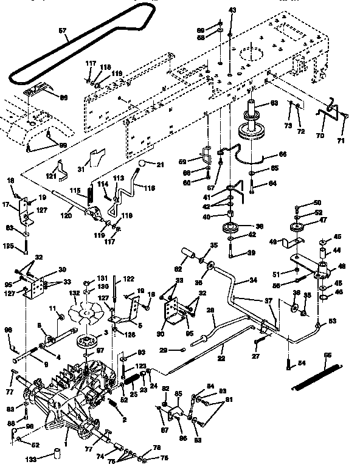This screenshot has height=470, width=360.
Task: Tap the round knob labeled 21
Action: click(x=142, y=164)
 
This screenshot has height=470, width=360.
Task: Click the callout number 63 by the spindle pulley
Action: click(x=274, y=104)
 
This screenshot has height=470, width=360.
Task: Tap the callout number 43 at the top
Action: click(x=231, y=10)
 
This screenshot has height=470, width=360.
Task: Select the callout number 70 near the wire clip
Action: click(x=320, y=136)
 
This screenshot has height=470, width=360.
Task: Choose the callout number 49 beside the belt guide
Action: click(x=272, y=242)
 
